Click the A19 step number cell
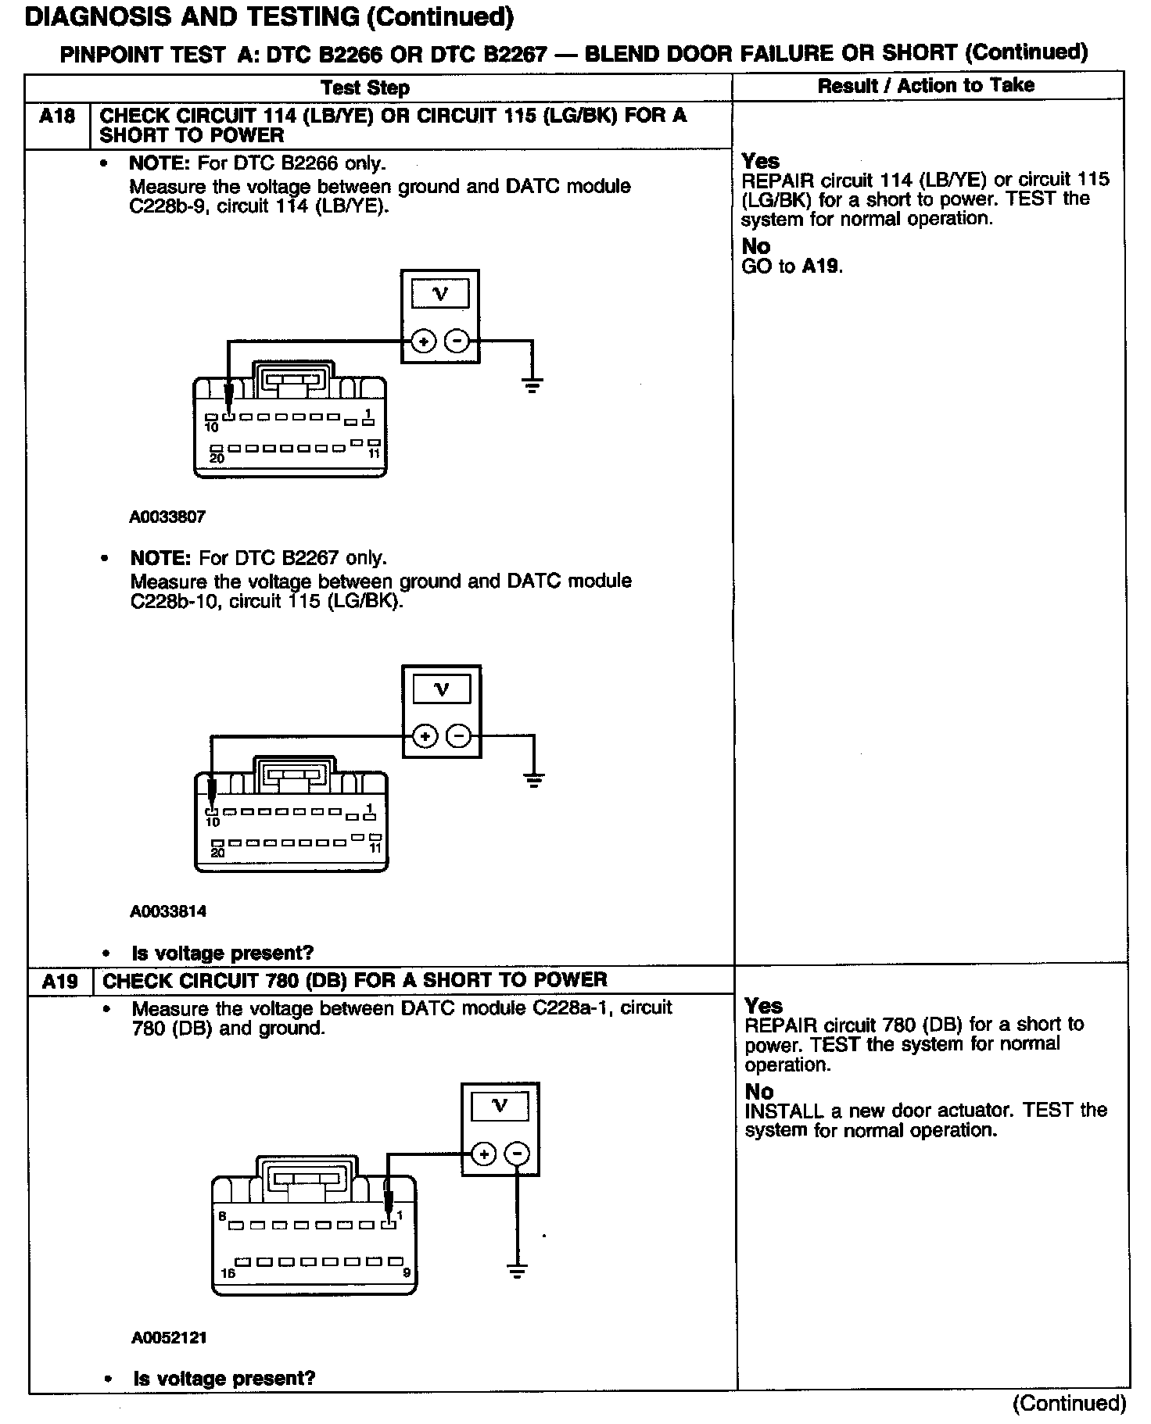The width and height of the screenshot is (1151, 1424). (x=60, y=981)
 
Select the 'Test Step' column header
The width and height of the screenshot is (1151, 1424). (x=365, y=88)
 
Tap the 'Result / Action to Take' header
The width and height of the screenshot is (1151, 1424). (x=926, y=86)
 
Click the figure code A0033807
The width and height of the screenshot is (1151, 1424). (x=167, y=517)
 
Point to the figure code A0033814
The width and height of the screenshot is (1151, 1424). (x=168, y=911)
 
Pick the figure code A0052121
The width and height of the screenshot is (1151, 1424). (x=169, y=1337)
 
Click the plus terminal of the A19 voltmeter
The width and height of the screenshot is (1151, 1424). (x=484, y=1154)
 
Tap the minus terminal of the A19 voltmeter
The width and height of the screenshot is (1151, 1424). (x=517, y=1154)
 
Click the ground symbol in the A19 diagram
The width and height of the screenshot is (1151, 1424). (x=517, y=1272)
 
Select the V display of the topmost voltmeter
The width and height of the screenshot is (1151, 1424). (x=440, y=295)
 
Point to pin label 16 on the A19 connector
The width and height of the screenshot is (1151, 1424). (x=228, y=1273)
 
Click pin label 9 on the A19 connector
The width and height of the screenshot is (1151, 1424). (x=407, y=1273)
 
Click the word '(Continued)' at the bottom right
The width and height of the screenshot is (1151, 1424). (x=1069, y=1404)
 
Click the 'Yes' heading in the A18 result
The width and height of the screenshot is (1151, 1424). (x=760, y=161)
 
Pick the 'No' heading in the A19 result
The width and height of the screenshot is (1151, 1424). (x=758, y=1091)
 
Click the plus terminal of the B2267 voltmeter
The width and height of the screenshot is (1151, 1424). (x=425, y=736)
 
